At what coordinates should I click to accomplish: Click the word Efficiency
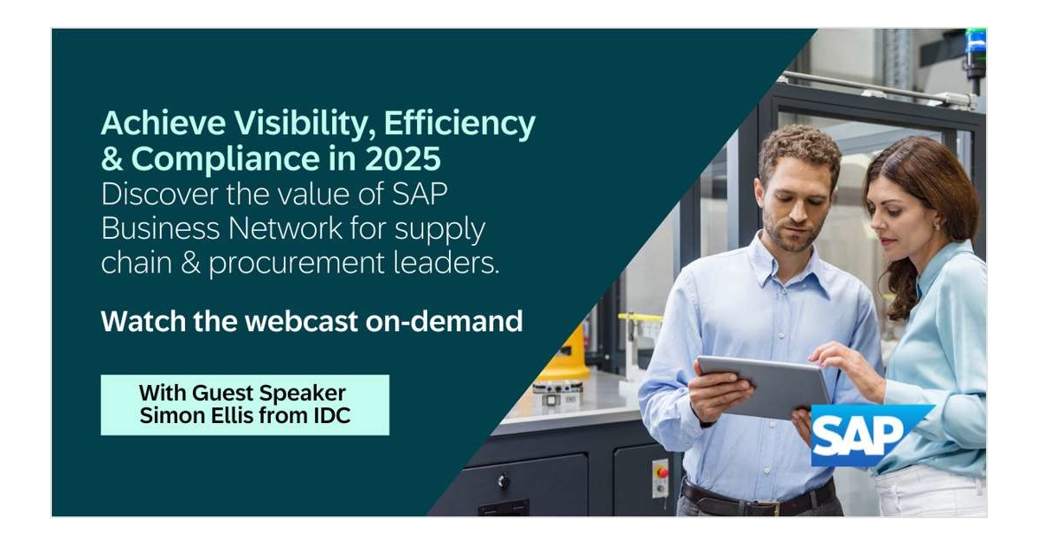(459, 125)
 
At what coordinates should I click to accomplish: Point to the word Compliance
(226, 160)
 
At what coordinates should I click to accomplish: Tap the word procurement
(297, 264)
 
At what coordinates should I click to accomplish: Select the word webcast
(302, 321)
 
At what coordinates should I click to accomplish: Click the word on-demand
(444, 321)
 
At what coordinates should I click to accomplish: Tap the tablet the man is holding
(764, 387)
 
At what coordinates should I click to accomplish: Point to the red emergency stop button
(663, 472)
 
